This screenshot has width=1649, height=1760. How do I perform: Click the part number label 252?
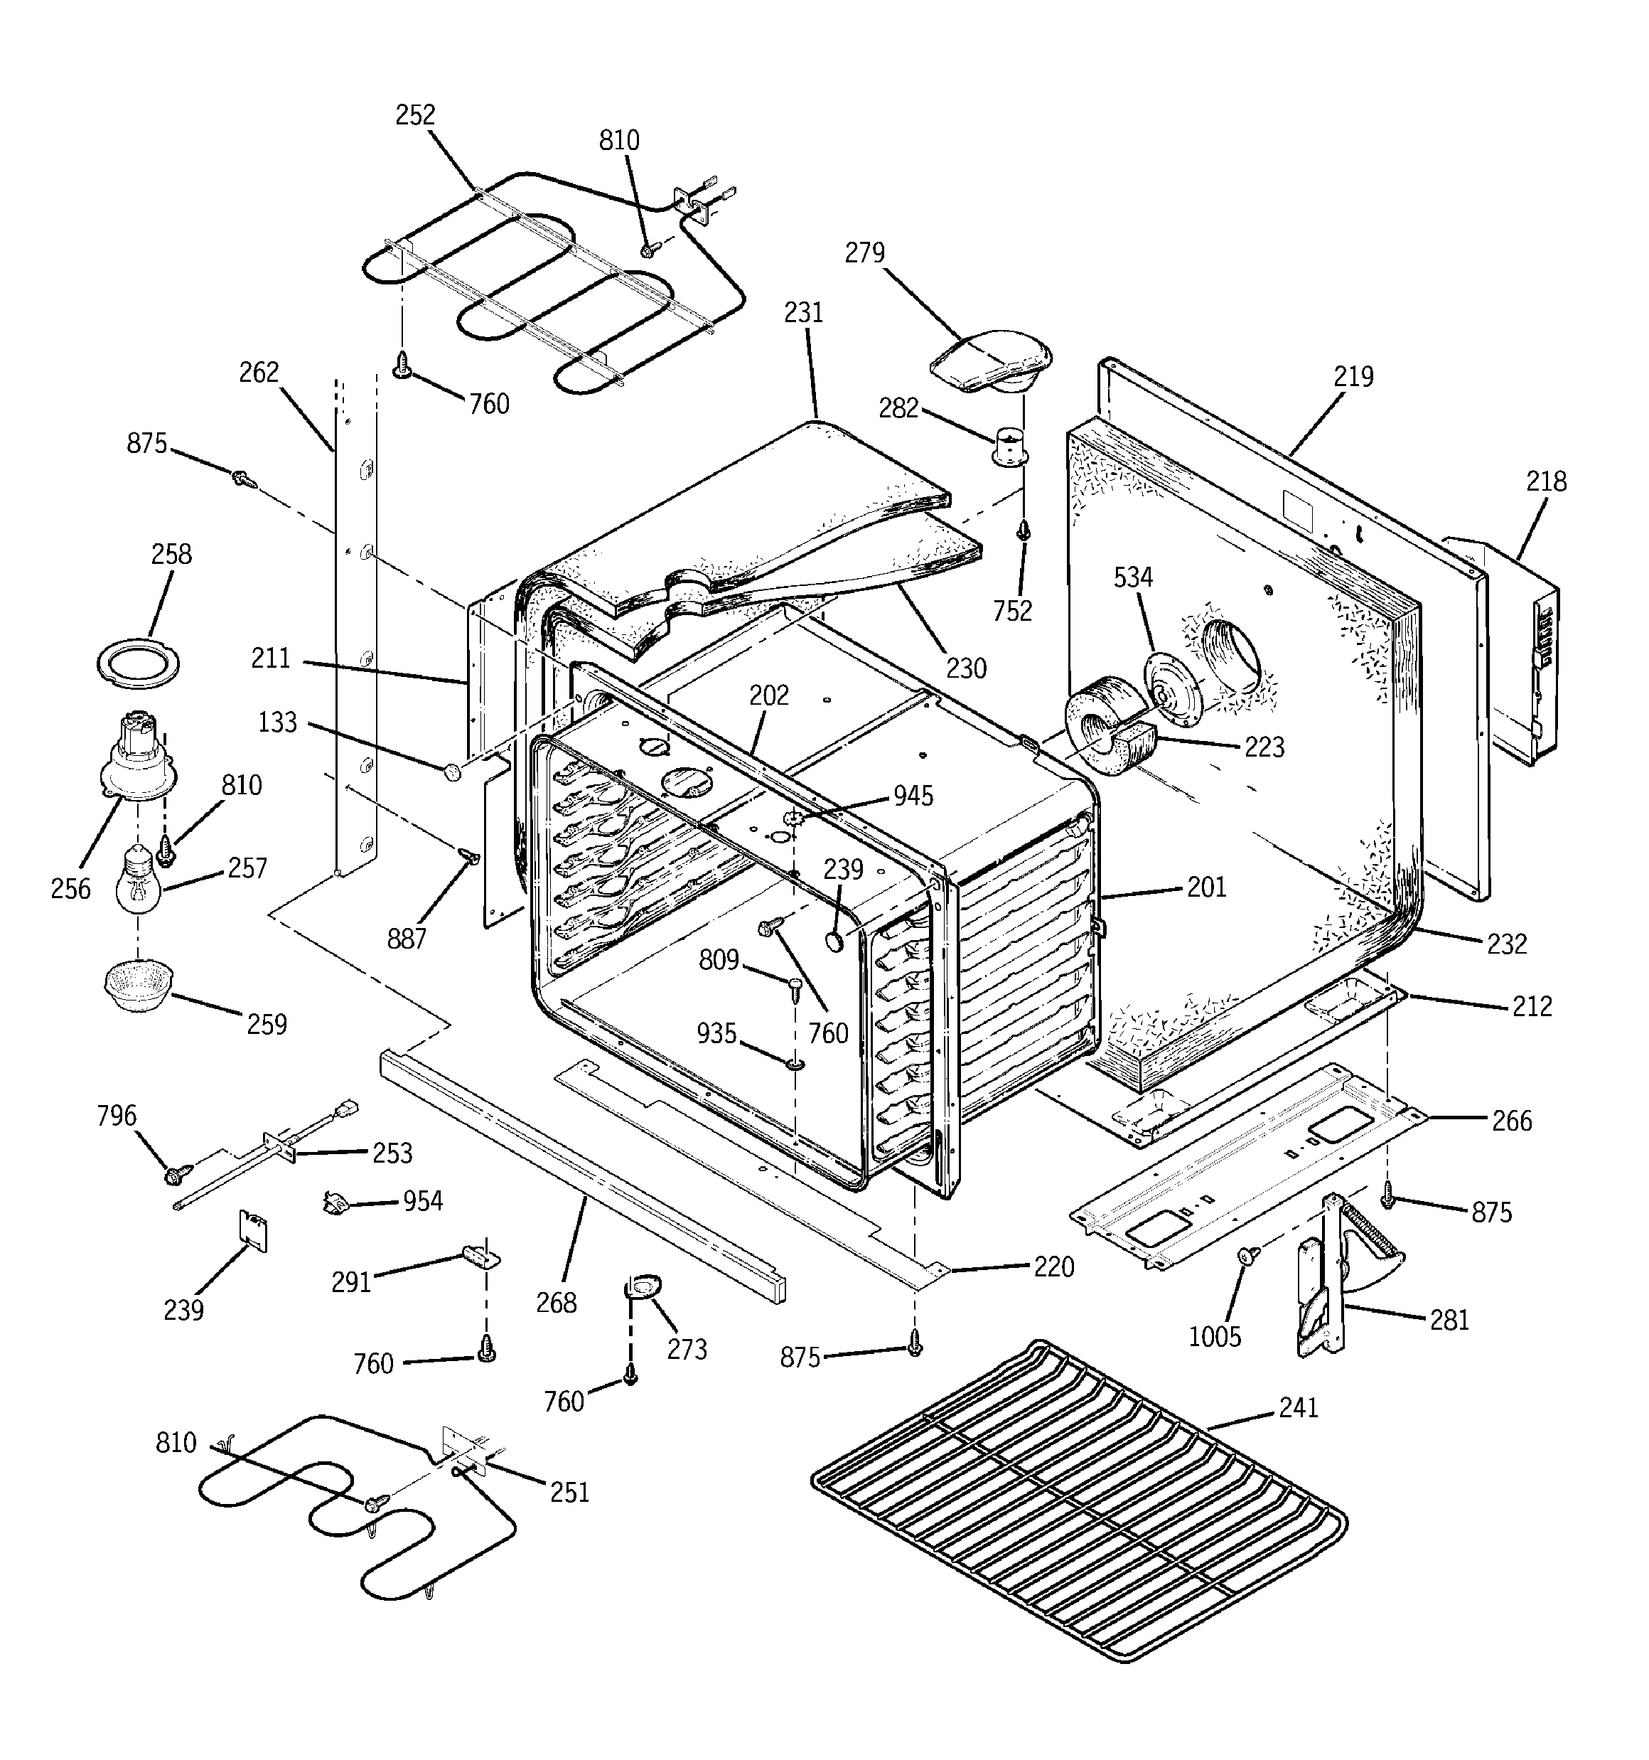pos(415,115)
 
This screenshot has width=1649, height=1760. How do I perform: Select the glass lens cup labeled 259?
pos(139,983)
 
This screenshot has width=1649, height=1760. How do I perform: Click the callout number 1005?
pos(1215,1337)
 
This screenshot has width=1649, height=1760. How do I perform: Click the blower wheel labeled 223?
pos(1107,737)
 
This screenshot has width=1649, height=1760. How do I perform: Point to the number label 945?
pos(913,795)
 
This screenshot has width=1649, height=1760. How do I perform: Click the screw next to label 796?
pos(173,1174)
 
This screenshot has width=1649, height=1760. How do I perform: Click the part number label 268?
pos(556,1302)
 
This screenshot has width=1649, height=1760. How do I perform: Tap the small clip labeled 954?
pos(333,1203)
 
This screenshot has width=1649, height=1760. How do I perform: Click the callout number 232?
pos(1507,944)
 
